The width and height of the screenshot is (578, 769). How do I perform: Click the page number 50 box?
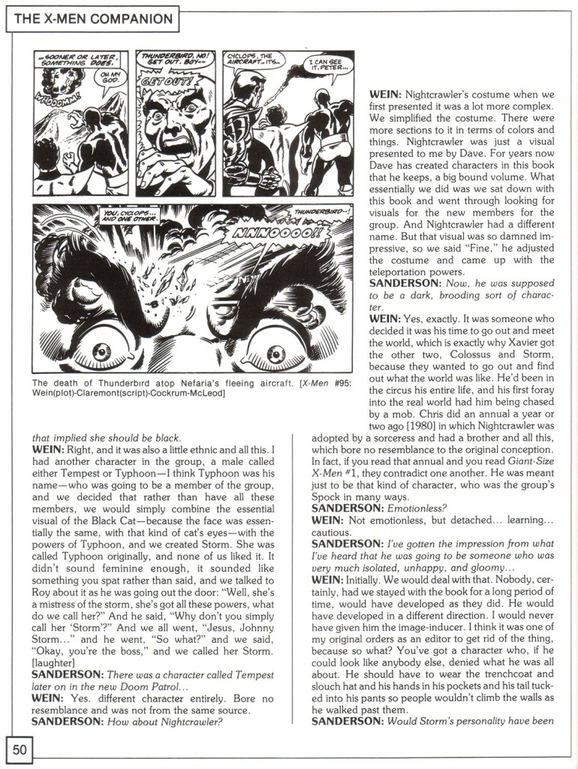click(x=19, y=749)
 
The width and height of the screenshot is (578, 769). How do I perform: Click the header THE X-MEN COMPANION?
click(x=94, y=19)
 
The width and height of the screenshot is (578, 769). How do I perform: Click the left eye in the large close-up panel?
click(x=102, y=350)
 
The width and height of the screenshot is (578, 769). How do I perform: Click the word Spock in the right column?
click(x=329, y=496)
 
